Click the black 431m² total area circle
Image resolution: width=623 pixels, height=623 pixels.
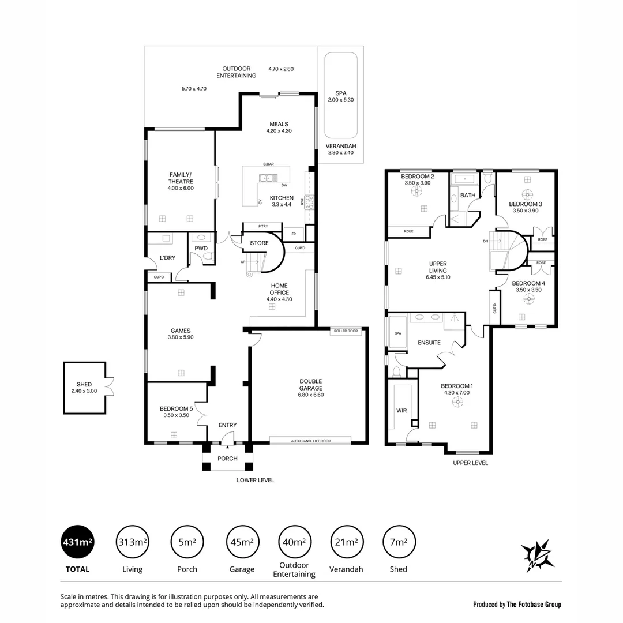click(77, 542)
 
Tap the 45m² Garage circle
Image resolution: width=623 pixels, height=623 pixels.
click(242, 542)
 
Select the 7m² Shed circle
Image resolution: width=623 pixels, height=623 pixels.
click(398, 542)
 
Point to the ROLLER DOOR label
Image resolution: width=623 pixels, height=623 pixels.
click(346, 331)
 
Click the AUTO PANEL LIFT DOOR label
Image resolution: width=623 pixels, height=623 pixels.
click(310, 441)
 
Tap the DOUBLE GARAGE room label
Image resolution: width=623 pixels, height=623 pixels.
click(310, 384)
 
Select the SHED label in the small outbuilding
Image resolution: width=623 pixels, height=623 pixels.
click(84, 384)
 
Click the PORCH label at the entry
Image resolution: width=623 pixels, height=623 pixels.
click(227, 459)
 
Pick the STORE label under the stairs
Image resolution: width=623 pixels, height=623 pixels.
click(259, 243)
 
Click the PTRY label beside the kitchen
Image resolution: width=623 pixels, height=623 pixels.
click(262, 226)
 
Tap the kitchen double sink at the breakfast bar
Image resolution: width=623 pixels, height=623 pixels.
click(268, 178)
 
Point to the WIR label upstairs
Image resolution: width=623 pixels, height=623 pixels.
click(401, 411)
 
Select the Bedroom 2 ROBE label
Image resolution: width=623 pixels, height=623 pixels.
click(408, 231)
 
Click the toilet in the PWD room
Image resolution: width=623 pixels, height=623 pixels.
click(201, 237)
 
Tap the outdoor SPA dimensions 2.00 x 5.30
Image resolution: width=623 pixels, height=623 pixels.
click(340, 100)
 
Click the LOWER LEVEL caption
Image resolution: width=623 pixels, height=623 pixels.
click(255, 480)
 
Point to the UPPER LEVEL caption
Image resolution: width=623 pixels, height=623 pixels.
click(470, 463)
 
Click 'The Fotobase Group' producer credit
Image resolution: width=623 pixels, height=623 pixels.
click(534, 605)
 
